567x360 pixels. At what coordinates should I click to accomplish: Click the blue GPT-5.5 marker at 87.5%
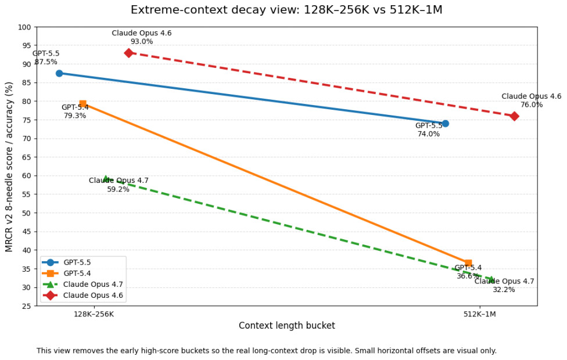coord(59,73)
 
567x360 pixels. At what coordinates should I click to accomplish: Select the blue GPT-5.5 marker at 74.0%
coord(445,124)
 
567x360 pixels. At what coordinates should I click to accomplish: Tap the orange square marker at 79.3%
coord(82,104)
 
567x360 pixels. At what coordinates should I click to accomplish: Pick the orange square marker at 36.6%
coord(468,263)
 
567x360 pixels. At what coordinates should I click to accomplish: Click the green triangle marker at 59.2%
coord(106,179)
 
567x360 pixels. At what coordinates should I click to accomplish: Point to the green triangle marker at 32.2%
coord(491,279)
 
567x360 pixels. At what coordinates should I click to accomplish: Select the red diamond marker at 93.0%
coord(128,53)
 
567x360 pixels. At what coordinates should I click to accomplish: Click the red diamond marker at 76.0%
coord(514,116)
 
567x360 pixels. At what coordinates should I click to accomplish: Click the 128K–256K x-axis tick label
coord(94,314)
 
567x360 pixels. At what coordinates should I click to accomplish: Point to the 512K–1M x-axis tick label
coord(479,314)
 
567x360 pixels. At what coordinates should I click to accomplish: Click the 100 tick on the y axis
coord(24,27)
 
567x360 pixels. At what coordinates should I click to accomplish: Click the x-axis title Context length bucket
coord(286,326)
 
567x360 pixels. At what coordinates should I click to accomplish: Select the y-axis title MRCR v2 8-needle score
coord(9,167)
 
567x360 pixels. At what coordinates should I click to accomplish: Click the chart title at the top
coord(286,10)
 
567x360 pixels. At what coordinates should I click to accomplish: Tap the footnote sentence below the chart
coord(267,351)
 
